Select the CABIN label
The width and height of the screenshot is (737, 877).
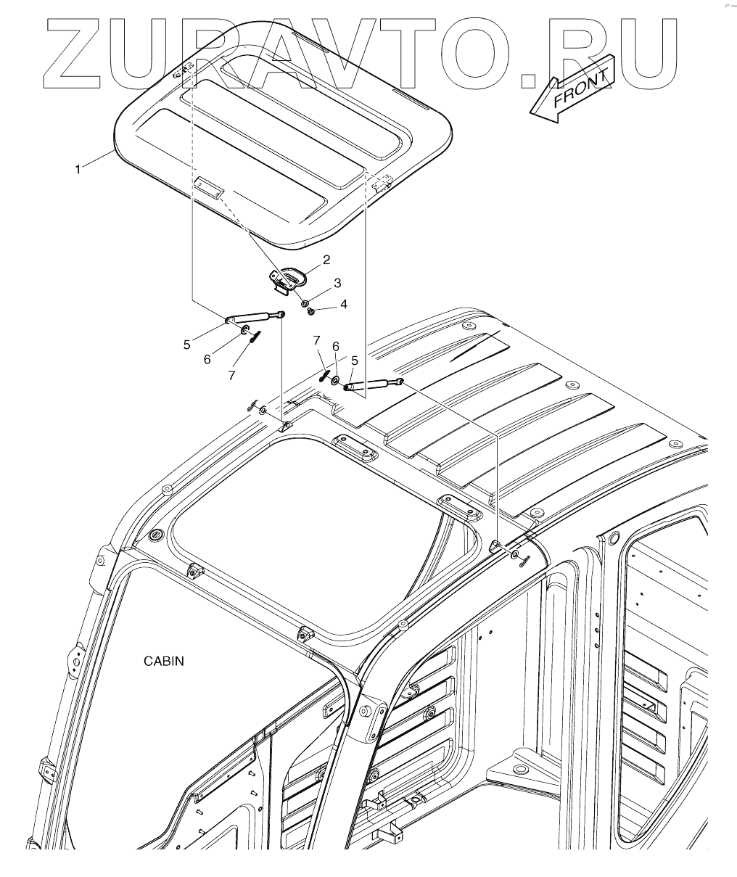(164, 661)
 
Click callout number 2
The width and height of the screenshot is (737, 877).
(327, 259)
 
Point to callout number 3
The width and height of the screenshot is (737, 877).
(337, 281)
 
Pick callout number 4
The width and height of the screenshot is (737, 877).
(343, 304)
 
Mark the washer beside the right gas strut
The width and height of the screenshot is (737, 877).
(335, 381)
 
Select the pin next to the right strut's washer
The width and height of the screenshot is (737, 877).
(324, 376)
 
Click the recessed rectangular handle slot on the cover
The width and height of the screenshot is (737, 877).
(209, 186)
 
